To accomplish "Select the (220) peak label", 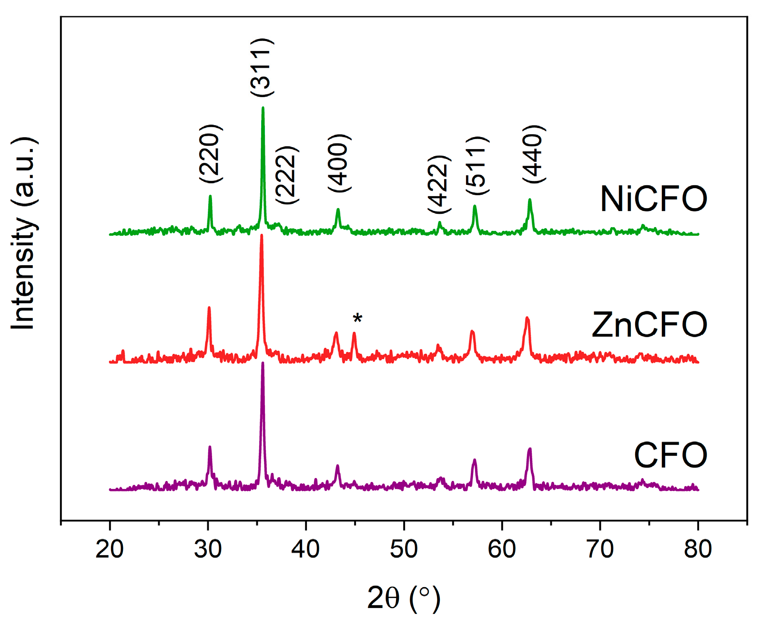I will tap(210, 153).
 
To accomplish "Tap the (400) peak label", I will tap(340, 163).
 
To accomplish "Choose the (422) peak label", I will tap(438, 184).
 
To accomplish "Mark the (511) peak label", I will tap(477, 165).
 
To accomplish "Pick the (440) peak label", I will tap(533, 153).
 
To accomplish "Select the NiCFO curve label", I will tap(653, 199).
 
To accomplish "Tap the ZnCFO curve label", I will tap(649, 325).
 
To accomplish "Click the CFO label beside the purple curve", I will tap(670, 455).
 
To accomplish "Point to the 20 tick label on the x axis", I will tap(110, 549).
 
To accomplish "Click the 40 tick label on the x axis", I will tap(305, 549).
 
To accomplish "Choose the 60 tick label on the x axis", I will tap(502, 549).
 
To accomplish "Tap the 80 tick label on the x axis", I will tap(698, 549).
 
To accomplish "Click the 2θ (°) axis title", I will tap(404, 598).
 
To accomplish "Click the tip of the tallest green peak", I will tap(263, 108).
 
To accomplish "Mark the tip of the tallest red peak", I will tap(261, 235).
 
